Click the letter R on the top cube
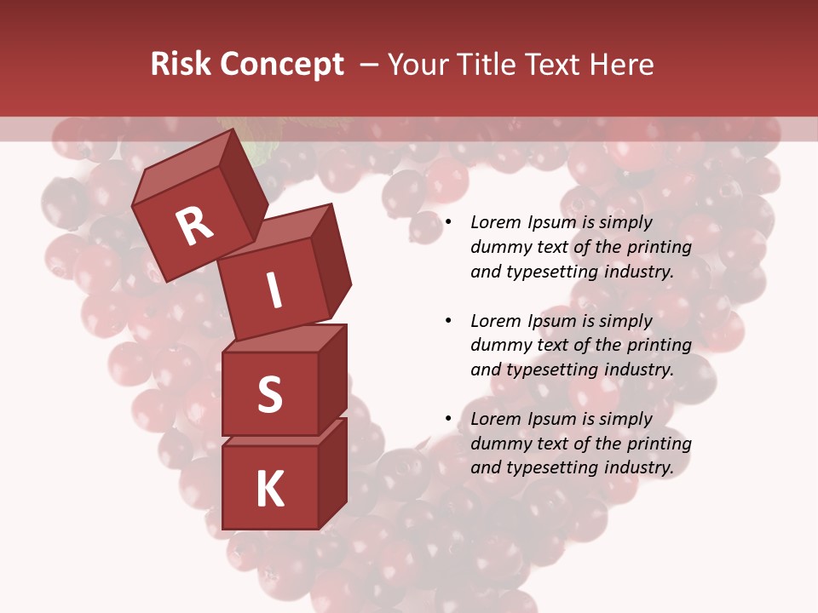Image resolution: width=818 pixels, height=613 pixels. tap(194, 226)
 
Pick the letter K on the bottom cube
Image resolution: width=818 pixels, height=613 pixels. tap(269, 489)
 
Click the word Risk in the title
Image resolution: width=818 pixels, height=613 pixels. tap(181, 64)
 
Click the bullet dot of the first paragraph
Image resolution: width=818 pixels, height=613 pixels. tap(449, 222)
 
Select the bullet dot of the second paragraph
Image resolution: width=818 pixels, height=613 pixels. tap(449, 321)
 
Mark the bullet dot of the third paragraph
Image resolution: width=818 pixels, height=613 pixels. tap(449, 419)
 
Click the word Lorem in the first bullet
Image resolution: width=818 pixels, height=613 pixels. tap(497, 222)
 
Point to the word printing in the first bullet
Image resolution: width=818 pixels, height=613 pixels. tap(660, 247)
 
